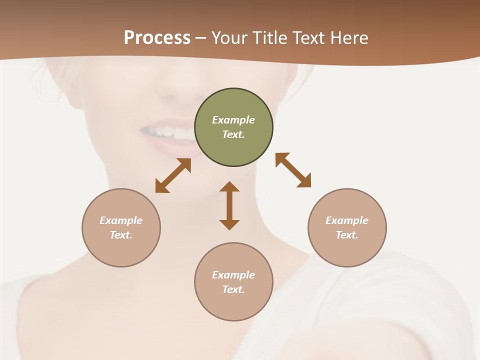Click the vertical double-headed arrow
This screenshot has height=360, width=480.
tap(229, 205)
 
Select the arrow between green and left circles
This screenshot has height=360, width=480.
tap(173, 175)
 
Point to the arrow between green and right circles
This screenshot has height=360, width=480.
tap(293, 170)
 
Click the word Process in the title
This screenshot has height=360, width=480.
tap(157, 38)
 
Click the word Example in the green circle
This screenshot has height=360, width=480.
tap(233, 120)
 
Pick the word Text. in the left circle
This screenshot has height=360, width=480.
tap(121, 235)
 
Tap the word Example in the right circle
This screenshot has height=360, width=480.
tap(347, 220)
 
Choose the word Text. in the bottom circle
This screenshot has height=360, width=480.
tap(233, 289)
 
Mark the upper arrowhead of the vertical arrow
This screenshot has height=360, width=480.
tap(229, 187)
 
